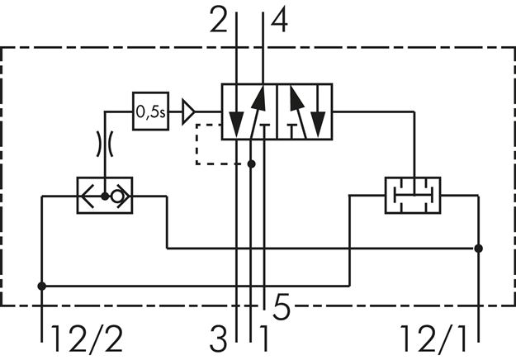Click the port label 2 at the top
[x=219, y=20]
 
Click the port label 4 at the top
[x=279, y=20]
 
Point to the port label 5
[x=282, y=310]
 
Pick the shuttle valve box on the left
[x=105, y=196]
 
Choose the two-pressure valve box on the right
[x=412, y=196]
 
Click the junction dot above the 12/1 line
[x=479, y=247]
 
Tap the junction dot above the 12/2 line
[x=41, y=286]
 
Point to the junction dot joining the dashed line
[x=252, y=163]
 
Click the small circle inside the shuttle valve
[x=118, y=197]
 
